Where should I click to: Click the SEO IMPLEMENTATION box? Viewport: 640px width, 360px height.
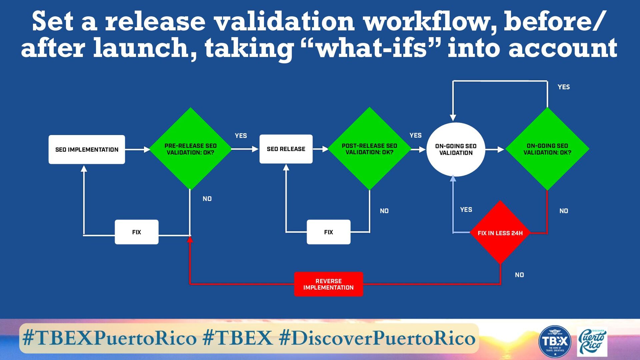click(x=87, y=149)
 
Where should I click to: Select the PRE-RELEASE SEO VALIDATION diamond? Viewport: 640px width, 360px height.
click(x=190, y=149)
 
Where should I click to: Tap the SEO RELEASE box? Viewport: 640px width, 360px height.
click(x=286, y=149)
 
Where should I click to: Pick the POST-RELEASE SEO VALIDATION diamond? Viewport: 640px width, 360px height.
click(x=369, y=149)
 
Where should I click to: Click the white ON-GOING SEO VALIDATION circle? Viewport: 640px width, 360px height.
click(x=456, y=149)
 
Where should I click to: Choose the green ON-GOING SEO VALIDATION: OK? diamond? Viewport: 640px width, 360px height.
click(x=547, y=149)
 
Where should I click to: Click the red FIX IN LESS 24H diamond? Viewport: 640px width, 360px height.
click(x=500, y=233)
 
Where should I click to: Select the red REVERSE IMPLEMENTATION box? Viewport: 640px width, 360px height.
click(x=328, y=284)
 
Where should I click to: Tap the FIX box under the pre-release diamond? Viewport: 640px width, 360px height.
click(x=137, y=232)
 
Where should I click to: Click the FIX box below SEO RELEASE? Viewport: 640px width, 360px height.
click(x=328, y=232)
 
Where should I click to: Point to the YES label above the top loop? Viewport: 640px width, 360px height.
click(x=564, y=87)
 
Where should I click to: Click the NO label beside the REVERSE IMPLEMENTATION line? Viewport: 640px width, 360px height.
click(x=519, y=275)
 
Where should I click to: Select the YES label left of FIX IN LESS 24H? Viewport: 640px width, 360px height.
click(x=466, y=210)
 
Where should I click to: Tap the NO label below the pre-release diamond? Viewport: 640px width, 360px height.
click(x=207, y=199)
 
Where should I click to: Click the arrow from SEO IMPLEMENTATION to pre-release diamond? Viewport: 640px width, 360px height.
click(x=138, y=149)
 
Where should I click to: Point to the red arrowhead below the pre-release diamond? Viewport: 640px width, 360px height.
click(x=190, y=239)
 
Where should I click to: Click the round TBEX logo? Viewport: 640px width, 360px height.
click(x=555, y=341)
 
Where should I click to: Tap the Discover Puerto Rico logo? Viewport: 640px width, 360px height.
click(x=592, y=342)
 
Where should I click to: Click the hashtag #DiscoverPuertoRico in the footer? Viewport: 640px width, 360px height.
click(x=377, y=338)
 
